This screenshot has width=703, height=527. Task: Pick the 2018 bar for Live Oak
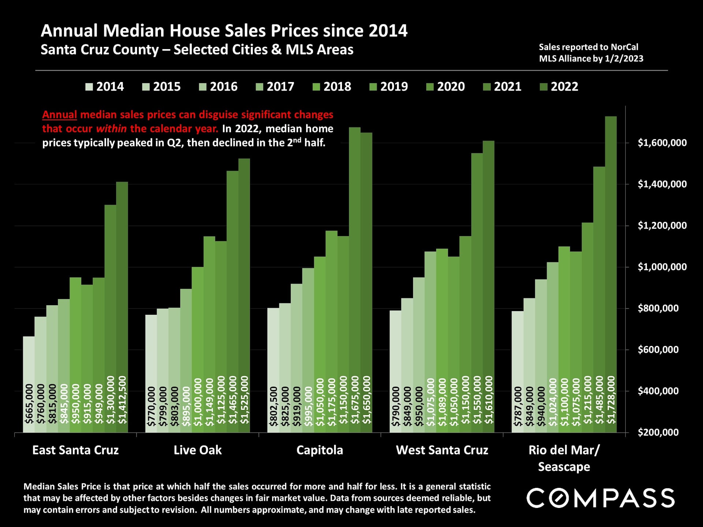(198, 329)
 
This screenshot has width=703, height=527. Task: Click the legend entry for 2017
(275, 87)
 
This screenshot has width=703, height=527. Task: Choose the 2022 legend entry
(559, 87)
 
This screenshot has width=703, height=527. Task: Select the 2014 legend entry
(105, 87)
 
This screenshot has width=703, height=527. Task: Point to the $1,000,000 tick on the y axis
(662, 267)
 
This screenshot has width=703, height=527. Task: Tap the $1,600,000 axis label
(662, 143)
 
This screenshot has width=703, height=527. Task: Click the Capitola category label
(320, 450)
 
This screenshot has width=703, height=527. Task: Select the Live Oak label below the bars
(198, 450)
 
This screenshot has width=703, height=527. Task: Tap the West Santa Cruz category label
(442, 450)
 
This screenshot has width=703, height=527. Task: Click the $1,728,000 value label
(611, 400)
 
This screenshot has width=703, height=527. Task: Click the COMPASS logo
(600, 498)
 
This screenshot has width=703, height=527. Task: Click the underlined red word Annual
(59, 115)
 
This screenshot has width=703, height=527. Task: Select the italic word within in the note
(111, 129)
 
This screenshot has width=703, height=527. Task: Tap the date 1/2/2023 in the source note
(624, 59)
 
